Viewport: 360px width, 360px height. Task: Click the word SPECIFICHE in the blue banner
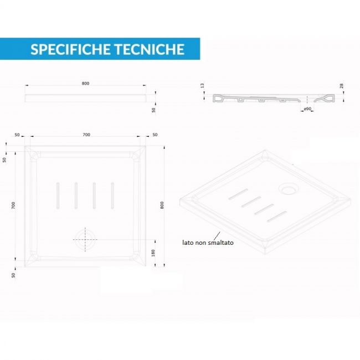click(70, 49)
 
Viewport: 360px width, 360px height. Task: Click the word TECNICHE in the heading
click(149, 49)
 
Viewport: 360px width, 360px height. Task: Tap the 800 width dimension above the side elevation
click(85, 83)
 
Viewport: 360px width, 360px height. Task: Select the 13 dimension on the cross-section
click(202, 86)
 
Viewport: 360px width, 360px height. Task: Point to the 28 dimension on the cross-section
click(341, 86)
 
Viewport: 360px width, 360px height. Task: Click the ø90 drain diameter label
click(307, 109)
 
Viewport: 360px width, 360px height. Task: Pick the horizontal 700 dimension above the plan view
click(86, 135)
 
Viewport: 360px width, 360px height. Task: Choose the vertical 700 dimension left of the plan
click(13, 205)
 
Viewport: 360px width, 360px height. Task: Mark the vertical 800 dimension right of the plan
click(162, 205)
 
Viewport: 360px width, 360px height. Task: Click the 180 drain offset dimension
click(153, 253)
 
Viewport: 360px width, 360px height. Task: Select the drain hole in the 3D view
click(289, 188)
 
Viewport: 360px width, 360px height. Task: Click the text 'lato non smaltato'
click(208, 243)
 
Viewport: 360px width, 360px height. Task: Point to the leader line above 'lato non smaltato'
click(217, 236)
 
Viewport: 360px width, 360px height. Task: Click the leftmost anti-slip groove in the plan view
click(58, 196)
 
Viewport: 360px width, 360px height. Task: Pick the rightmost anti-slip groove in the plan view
click(112, 196)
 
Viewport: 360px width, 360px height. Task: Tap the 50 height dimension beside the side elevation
click(153, 110)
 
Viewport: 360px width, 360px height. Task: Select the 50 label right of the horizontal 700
click(155, 135)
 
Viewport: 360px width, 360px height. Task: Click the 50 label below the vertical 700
click(13, 275)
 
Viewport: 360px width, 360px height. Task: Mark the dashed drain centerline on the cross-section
click(307, 100)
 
